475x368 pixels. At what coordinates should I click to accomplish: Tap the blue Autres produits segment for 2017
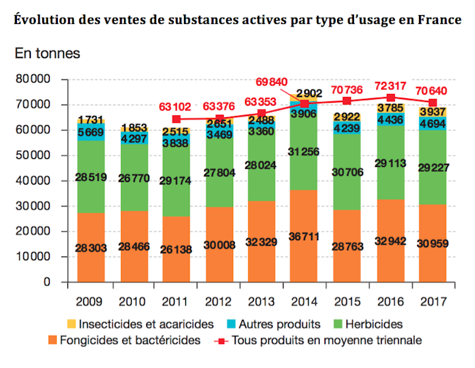click(432, 124)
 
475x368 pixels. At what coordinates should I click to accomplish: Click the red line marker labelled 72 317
click(391, 98)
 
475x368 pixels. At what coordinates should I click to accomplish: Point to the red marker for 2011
click(176, 119)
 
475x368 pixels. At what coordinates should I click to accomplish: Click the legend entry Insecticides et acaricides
click(141, 324)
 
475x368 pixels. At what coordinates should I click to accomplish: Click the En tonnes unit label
click(48, 53)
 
